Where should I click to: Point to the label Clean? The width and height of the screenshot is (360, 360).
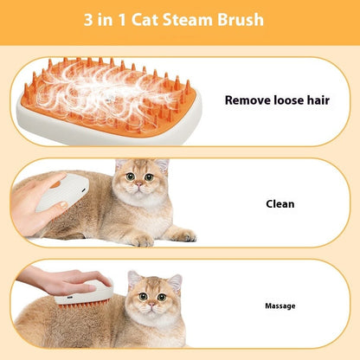[280, 204]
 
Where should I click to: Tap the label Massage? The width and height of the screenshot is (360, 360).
[280, 305]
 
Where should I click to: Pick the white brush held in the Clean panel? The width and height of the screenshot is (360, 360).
[60, 196]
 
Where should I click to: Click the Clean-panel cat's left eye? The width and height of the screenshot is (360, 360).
[128, 177]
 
